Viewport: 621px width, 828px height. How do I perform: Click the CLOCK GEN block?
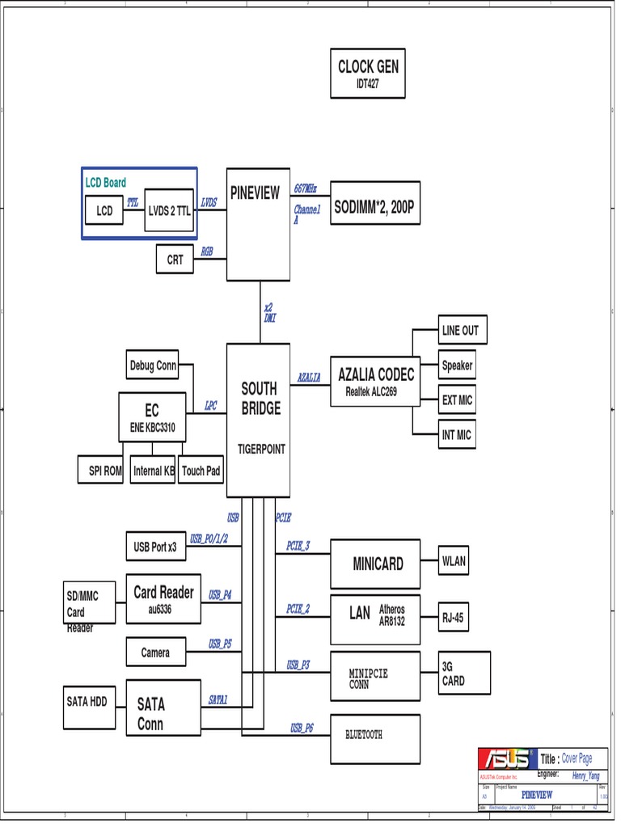click(368, 74)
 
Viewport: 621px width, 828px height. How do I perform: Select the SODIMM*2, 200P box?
click(375, 202)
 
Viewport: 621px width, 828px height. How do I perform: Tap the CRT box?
click(175, 260)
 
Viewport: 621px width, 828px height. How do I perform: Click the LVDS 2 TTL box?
click(170, 210)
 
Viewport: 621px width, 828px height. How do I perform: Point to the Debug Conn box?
click(153, 365)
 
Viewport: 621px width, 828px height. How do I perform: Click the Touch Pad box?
click(201, 470)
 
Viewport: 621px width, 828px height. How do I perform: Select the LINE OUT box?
click(459, 330)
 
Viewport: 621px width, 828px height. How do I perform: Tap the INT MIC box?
click(456, 435)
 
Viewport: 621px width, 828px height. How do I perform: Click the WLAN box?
click(453, 561)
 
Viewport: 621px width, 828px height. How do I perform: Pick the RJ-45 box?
click(453, 619)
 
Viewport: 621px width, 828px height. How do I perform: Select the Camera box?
click(155, 652)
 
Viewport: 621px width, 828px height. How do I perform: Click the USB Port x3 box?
click(155, 547)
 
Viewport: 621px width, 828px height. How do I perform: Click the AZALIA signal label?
click(308, 377)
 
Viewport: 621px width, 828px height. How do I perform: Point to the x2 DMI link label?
click(269, 313)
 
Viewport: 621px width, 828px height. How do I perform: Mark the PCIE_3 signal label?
click(298, 546)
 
